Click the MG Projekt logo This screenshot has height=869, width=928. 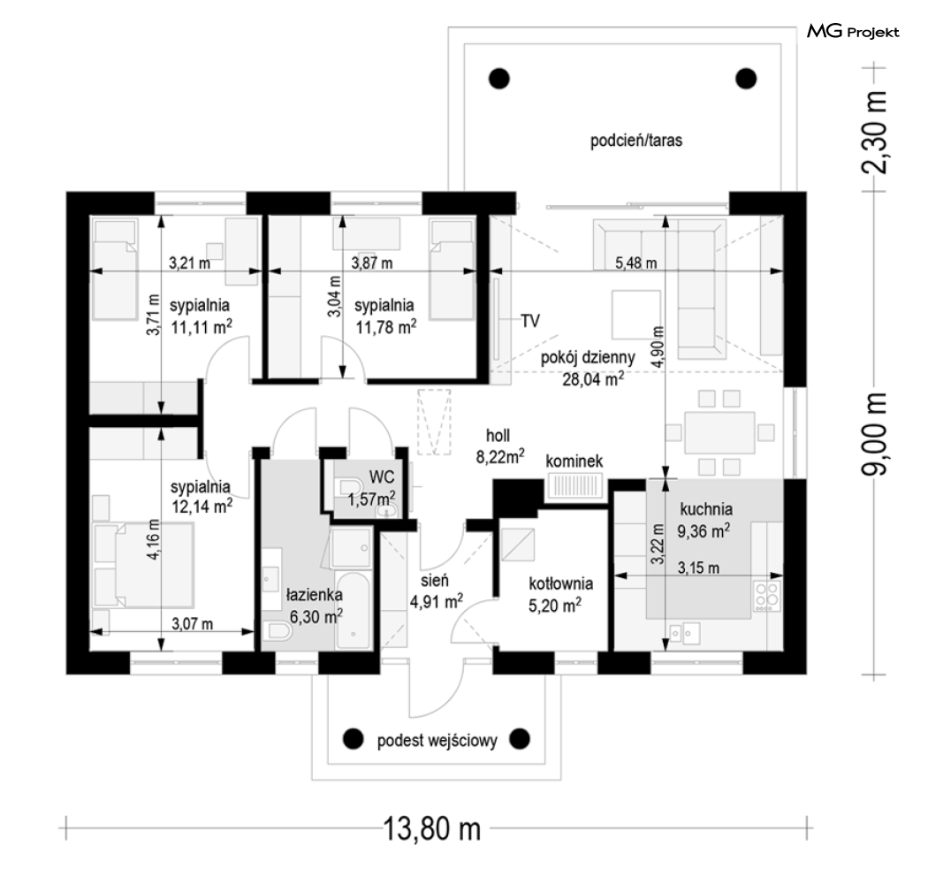[853, 31]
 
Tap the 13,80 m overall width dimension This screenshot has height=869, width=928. [432, 828]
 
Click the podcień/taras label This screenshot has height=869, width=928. [636, 141]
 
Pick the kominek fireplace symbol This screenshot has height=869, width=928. [574, 488]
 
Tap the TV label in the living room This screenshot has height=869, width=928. [530, 321]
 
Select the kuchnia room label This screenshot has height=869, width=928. [706, 509]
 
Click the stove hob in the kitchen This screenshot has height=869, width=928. [766, 596]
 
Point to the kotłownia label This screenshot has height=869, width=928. [561, 583]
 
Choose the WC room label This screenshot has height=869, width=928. [381, 476]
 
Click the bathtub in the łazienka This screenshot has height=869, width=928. [354, 610]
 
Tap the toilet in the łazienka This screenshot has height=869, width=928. [278, 631]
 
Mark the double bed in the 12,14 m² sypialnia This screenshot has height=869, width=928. [154, 564]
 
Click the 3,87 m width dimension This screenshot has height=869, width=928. [372, 263]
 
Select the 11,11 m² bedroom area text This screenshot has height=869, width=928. [202, 326]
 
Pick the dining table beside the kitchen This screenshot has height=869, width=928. [719, 432]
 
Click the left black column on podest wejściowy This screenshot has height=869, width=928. [354, 739]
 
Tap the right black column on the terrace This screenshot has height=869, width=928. [746, 78]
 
